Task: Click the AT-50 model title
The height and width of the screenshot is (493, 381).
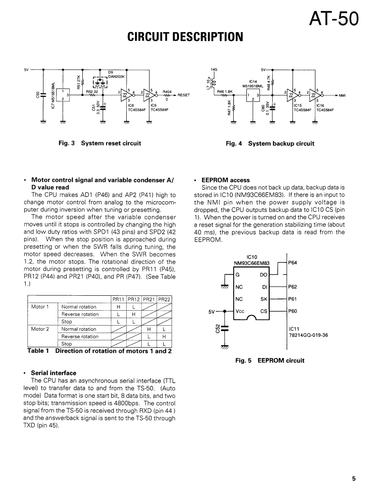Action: (x=334, y=18)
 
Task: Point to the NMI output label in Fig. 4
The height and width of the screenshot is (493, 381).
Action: (x=342, y=95)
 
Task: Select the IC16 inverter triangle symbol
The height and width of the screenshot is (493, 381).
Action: (x=316, y=95)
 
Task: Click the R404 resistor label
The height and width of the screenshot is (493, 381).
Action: (x=167, y=91)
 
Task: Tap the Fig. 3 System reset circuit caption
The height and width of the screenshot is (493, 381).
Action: (x=100, y=143)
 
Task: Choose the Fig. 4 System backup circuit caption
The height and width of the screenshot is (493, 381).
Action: (x=270, y=143)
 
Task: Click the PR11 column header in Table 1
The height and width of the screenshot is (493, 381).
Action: (x=118, y=300)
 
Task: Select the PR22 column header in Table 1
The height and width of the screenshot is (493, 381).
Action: (x=165, y=300)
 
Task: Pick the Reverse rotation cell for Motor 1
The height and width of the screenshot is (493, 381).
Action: (x=80, y=314)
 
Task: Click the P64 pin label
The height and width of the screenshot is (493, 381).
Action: (x=293, y=263)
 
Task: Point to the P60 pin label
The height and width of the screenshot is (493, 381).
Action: (x=293, y=311)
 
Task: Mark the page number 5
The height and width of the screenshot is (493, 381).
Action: (x=354, y=479)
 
